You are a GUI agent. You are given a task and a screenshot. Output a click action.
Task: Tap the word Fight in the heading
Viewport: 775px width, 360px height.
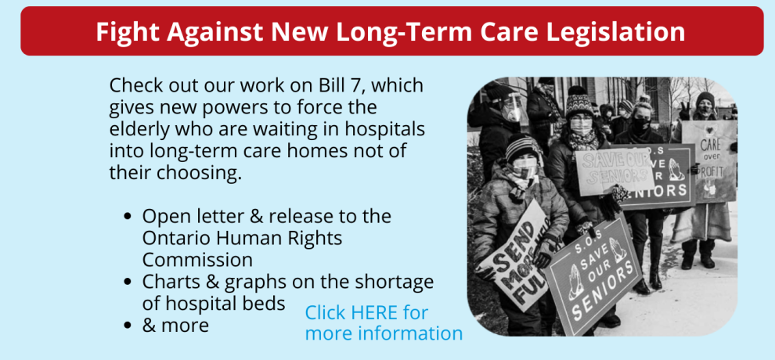coord(127,31)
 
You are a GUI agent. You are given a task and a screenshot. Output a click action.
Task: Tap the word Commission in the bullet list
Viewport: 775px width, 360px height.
coord(197,260)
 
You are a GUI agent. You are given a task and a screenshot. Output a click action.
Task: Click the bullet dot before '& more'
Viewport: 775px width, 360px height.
coord(128,326)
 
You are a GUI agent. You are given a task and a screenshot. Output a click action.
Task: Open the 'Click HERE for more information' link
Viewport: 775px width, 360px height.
coord(384,323)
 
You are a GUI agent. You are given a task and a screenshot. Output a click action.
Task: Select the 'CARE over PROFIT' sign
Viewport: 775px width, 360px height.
coord(708,161)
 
